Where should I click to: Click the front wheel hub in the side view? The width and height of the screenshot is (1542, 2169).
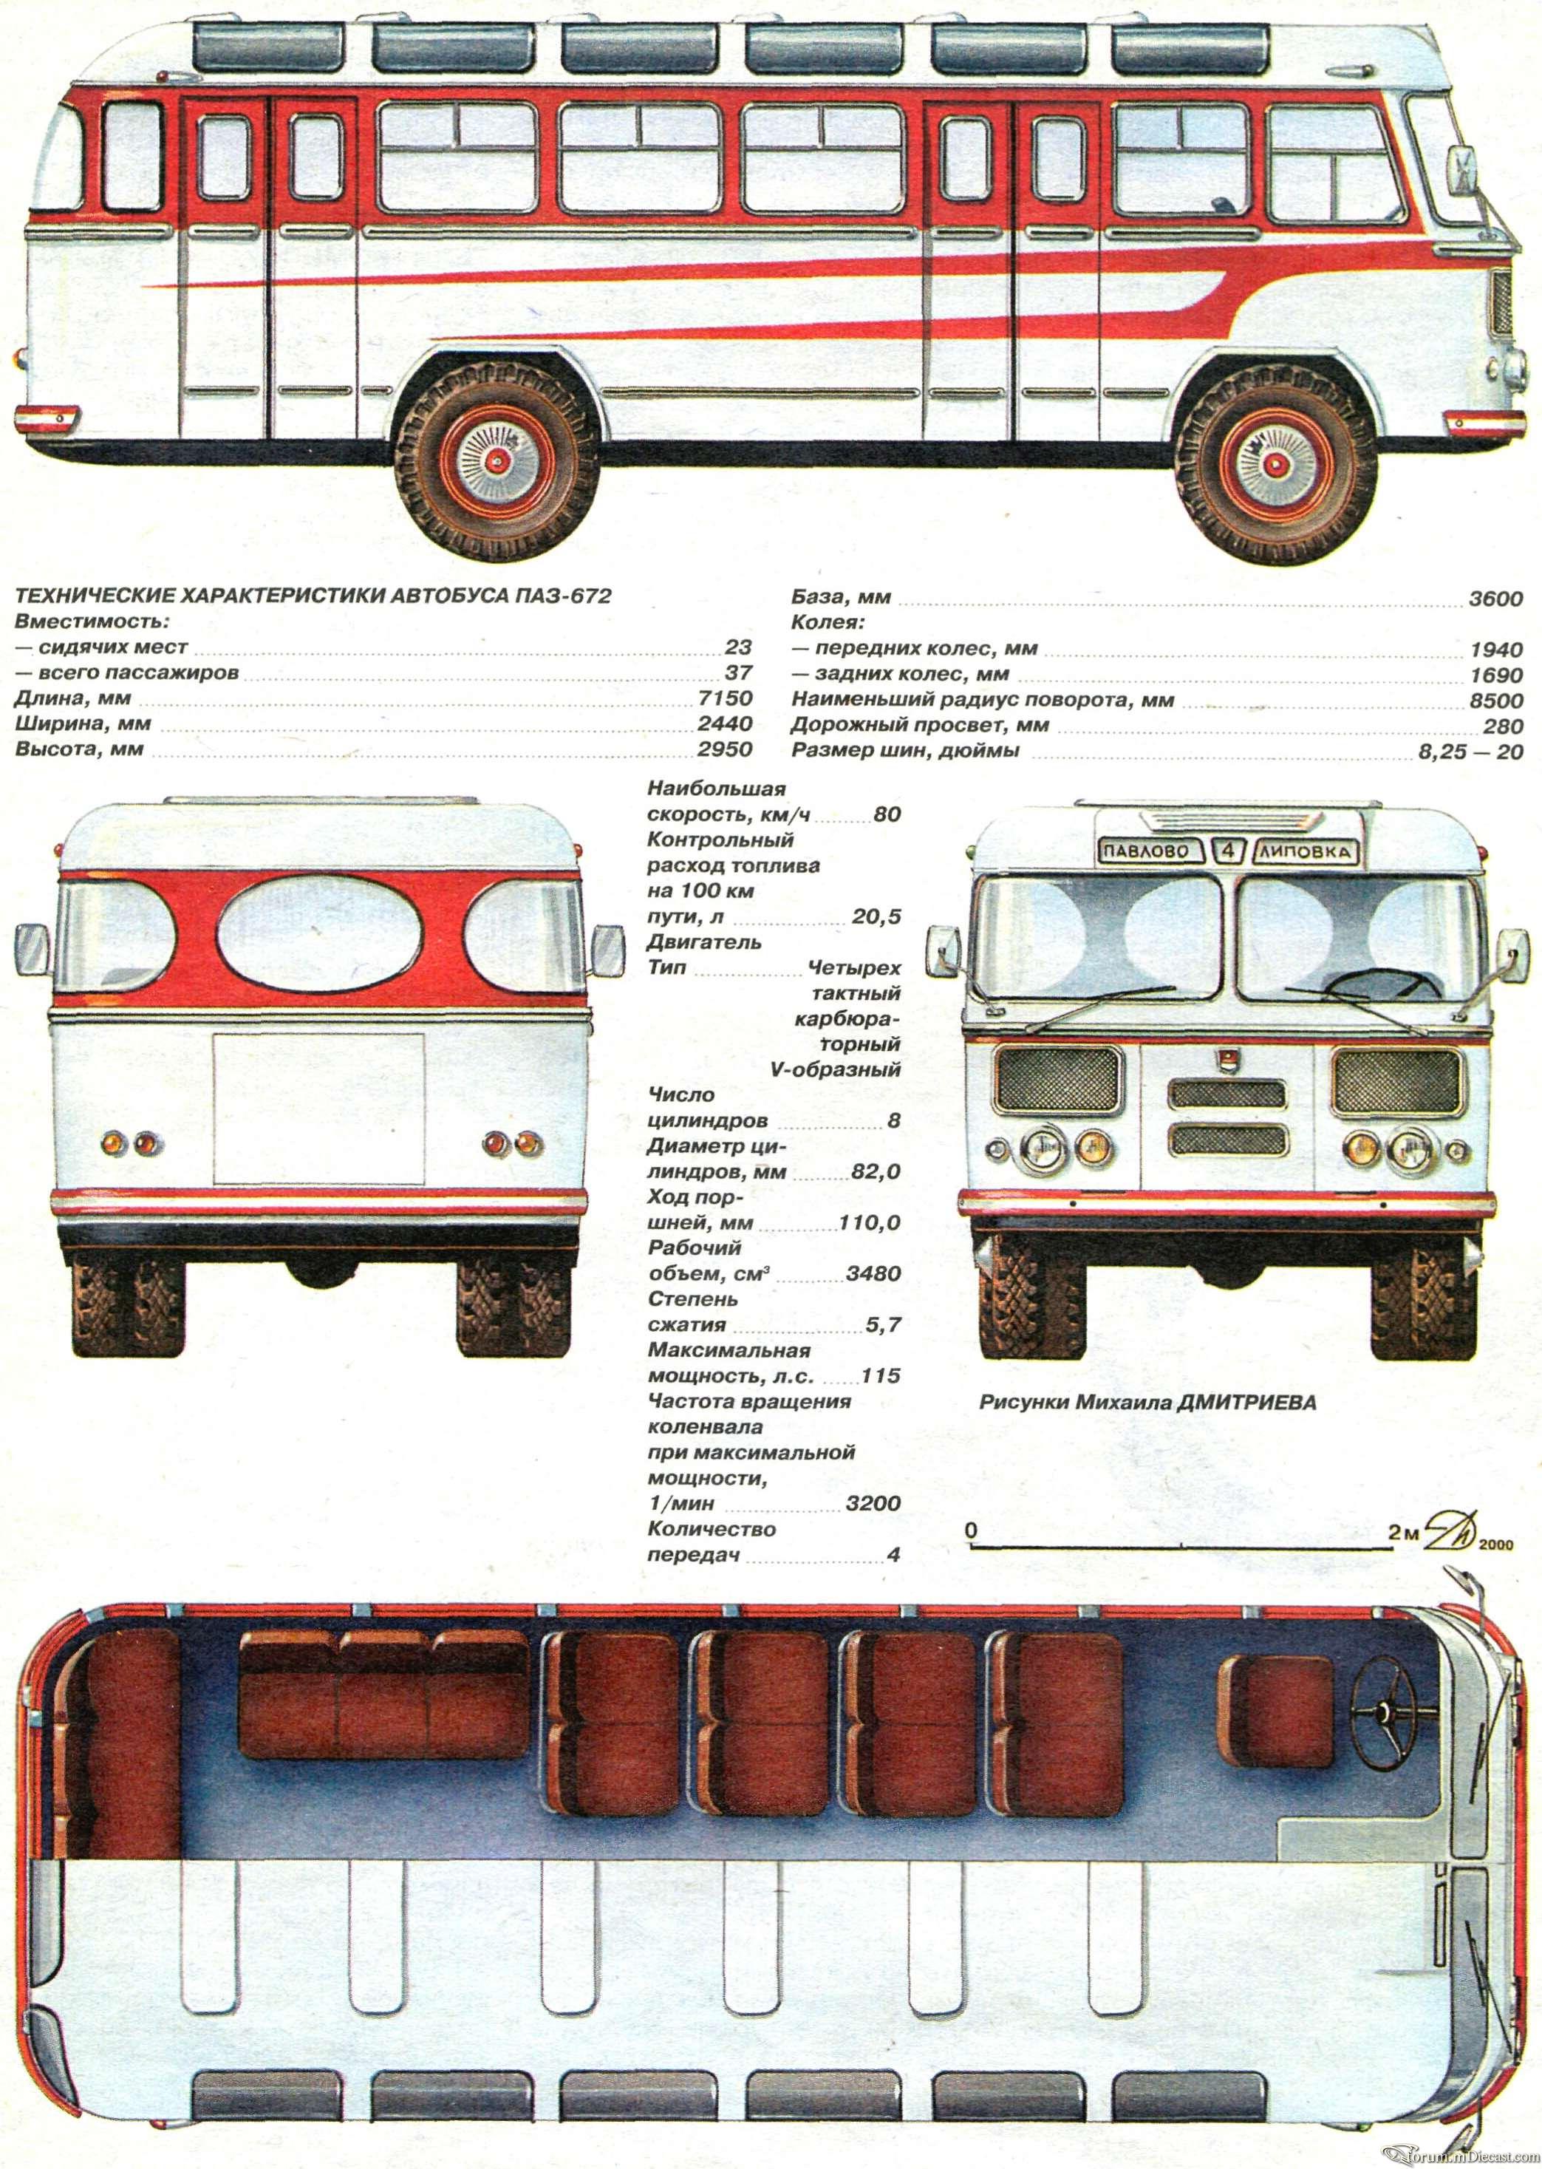click(1275, 460)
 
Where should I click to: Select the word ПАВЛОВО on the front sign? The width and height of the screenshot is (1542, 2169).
click(1145, 851)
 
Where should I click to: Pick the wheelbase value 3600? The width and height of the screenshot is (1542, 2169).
click(1495, 599)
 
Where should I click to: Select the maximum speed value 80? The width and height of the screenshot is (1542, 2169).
click(887, 814)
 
